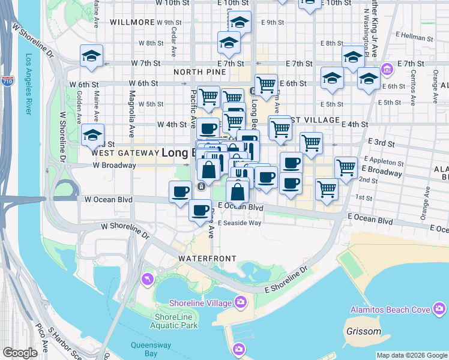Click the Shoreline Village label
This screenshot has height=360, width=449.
[200, 302]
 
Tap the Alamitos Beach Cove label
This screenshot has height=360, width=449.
[390, 310]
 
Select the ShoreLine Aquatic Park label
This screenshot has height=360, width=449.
[176, 321]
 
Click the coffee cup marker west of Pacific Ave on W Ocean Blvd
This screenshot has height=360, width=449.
[180, 192]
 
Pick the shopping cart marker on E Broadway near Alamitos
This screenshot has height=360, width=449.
[346, 168]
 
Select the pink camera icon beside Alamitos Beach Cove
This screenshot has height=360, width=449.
[439, 309]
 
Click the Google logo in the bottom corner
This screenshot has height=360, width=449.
[20, 353]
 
